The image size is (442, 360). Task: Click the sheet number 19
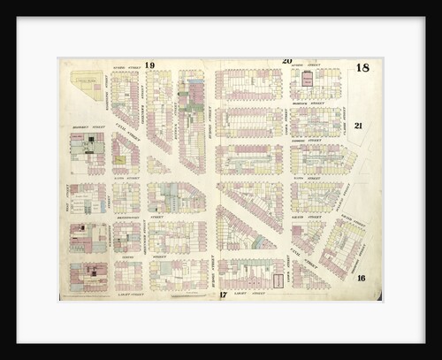pyautogui.click(x=150, y=65)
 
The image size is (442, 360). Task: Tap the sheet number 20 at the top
pyautogui.click(x=286, y=61)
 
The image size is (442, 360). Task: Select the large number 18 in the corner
pyautogui.click(x=362, y=68)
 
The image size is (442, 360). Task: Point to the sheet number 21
pyautogui.click(x=358, y=126)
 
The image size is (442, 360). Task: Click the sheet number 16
pyautogui.click(x=362, y=278)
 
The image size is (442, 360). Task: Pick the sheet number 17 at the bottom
pyautogui.click(x=223, y=295)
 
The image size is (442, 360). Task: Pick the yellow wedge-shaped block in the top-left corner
pyautogui.click(x=87, y=82)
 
